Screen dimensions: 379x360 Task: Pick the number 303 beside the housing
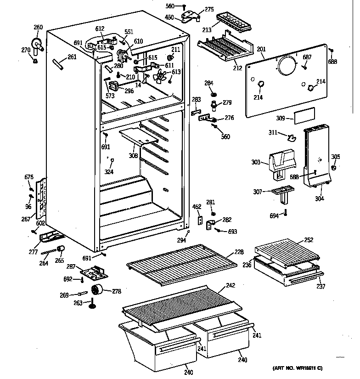point(256,162)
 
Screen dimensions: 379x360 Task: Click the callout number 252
point(309,240)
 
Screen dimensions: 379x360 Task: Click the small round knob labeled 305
point(334,167)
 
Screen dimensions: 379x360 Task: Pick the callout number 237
point(321,287)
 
